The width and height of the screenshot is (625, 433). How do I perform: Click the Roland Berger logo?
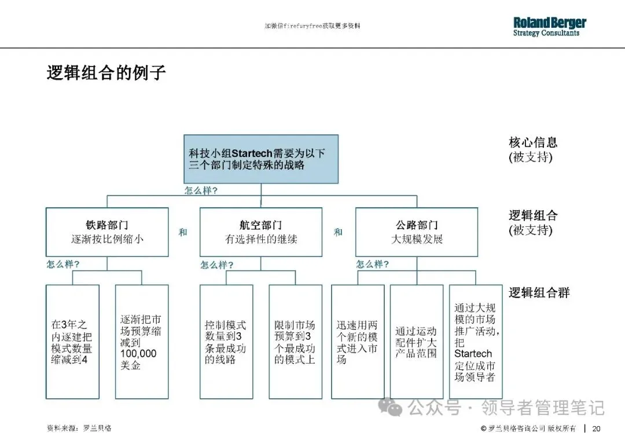(x=549, y=26)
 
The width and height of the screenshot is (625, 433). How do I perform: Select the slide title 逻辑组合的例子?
(x=106, y=74)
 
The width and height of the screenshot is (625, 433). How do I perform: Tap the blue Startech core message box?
(x=260, y=159)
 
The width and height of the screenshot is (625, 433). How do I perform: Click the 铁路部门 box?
(x=107, y=232)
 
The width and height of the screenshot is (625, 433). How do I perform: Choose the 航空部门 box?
(x=260, y=232)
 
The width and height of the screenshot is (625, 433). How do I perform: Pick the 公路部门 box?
(x=417, y=232)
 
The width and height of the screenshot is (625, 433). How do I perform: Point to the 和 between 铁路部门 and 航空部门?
(x=183, y=232)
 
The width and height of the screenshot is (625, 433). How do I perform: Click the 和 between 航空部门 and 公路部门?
(x=338, y=232)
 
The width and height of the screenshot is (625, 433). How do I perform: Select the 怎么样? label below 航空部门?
(x=217, y=265)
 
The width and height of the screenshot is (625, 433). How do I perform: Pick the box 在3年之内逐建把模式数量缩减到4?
(x=72, y=342)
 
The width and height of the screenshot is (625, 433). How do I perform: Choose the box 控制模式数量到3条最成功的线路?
(x=226, y=342)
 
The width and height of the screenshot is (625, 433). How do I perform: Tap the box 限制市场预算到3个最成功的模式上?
(x=295, y=342)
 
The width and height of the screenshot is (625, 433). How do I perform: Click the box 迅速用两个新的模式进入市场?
(x=357, y=342)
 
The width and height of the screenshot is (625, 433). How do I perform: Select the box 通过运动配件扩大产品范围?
(x=416, y=342)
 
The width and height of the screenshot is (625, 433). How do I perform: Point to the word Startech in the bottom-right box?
(x=473, y=353)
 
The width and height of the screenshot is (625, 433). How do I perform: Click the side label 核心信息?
(x=533, y=142)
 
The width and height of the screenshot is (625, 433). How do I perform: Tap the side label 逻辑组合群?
(x=539, y=292)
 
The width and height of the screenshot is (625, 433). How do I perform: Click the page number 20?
(x=596, y=428)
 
